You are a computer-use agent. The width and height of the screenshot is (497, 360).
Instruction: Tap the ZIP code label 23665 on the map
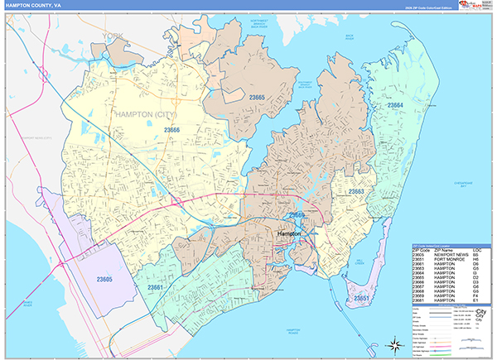pos(257,98)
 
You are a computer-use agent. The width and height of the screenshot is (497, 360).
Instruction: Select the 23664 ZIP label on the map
pos(394,105)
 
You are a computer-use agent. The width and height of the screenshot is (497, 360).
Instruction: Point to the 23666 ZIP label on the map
pos(172,129)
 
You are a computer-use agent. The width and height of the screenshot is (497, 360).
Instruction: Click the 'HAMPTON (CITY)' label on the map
pos(151,113)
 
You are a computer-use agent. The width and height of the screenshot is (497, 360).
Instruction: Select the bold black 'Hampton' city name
pos(288,236)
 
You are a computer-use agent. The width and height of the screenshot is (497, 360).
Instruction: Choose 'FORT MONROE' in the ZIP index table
pos(442,259)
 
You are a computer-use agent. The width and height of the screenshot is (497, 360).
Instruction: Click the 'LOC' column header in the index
pos(476,249)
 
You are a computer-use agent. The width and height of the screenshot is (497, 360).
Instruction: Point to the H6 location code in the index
pos(476,259)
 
